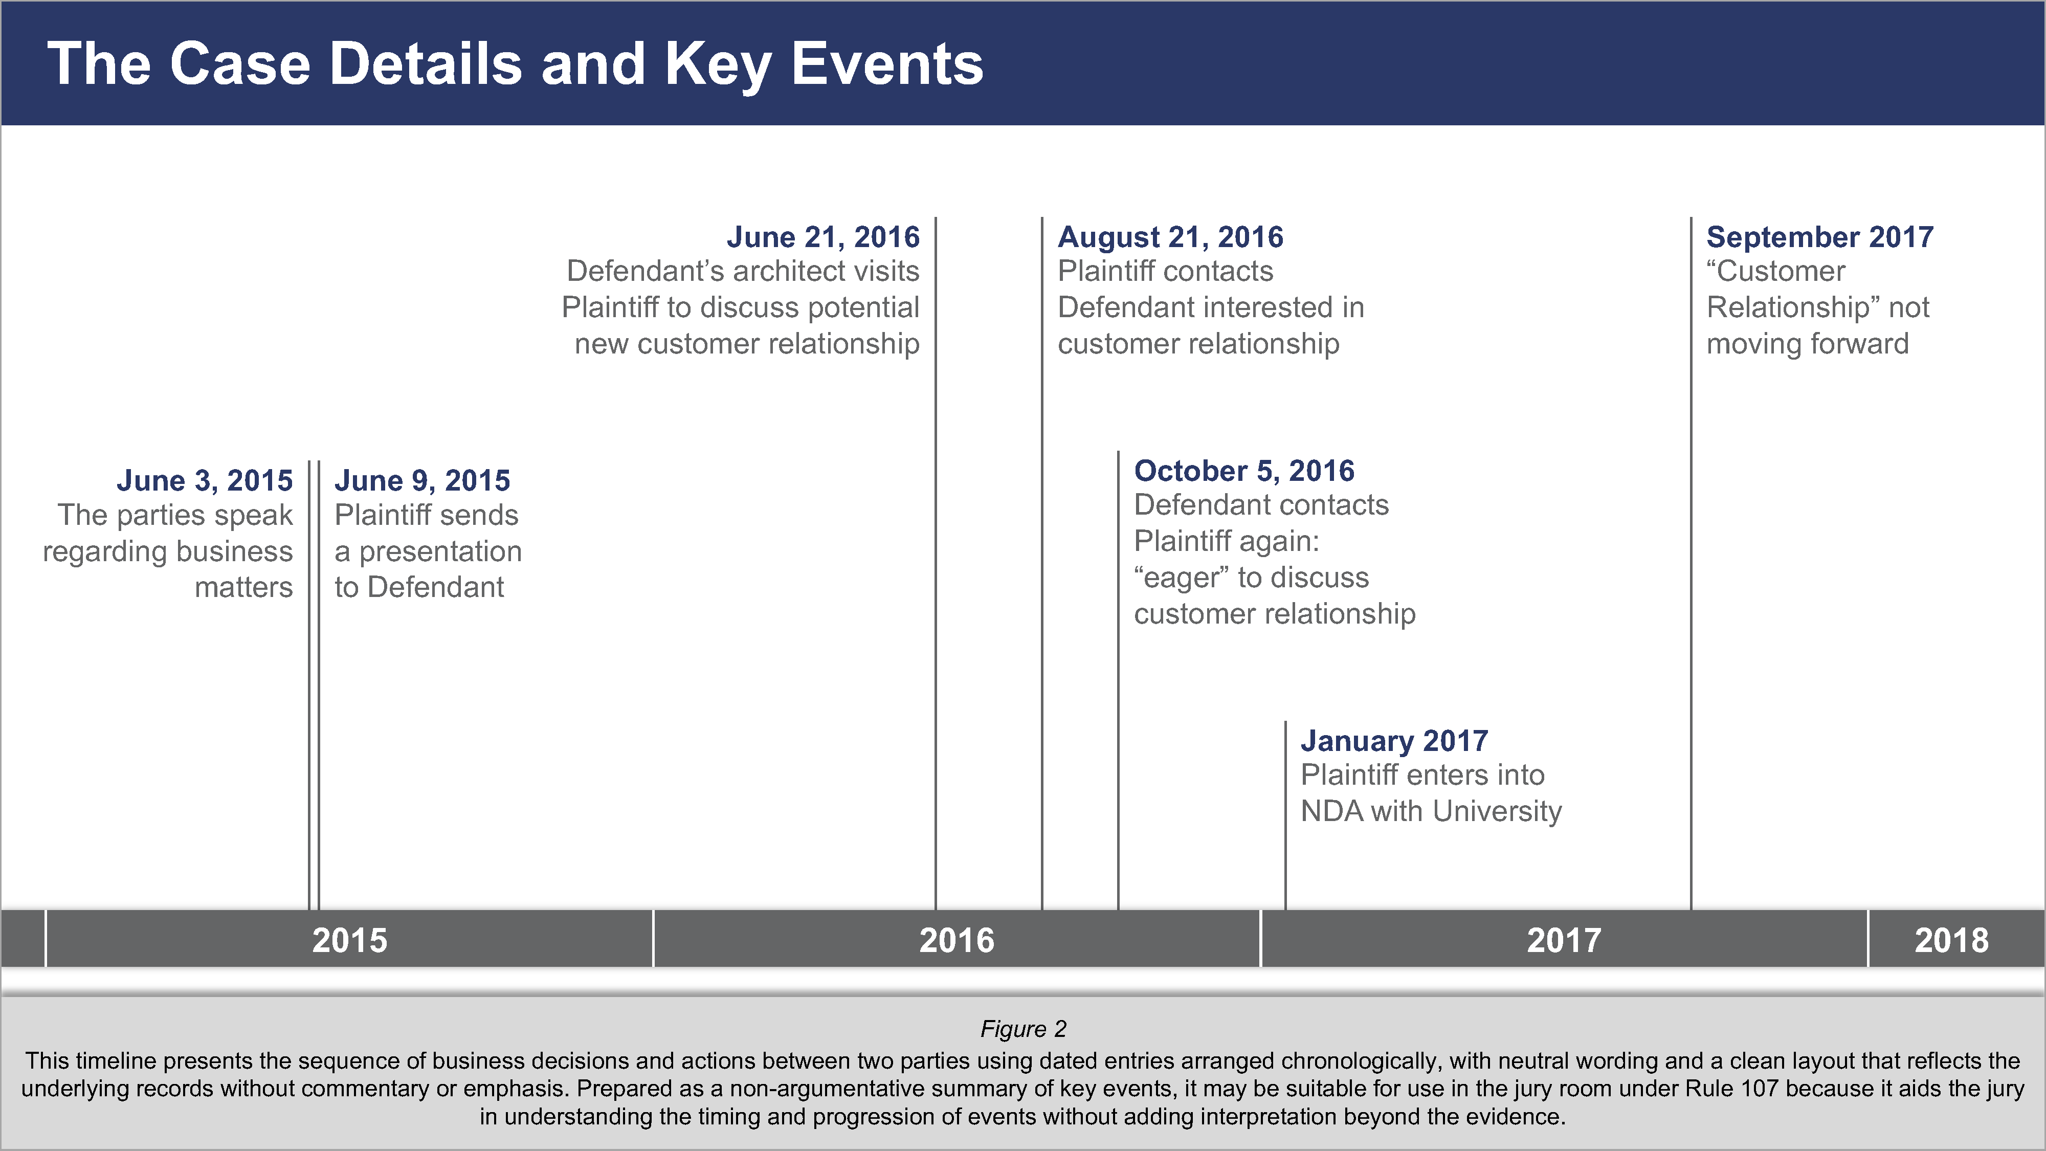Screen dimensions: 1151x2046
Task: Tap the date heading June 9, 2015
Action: [x=422, y=480]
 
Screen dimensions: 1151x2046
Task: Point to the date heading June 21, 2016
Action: [x=823, y=237]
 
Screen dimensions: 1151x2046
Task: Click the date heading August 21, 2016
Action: [x=1170, y=237]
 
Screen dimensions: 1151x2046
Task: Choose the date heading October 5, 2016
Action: [x=1244, y=470]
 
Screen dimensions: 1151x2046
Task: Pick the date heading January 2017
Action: [x=1394, y=740]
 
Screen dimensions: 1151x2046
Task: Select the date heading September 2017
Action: [x=1819, y=237]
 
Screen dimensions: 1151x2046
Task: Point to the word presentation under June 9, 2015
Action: [x=441, y=551]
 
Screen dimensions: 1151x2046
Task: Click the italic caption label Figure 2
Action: [x=1023, y=1029]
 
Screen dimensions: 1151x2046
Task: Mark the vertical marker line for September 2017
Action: [x=1691, y=635]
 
